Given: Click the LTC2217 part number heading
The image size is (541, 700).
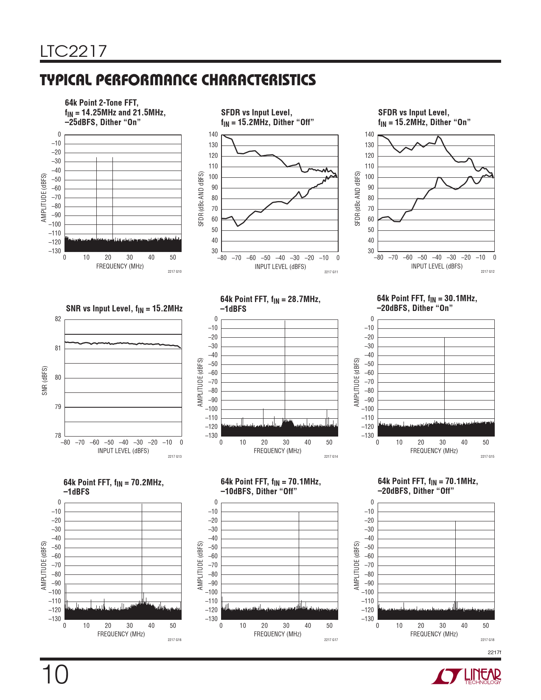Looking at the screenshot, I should point(73,52).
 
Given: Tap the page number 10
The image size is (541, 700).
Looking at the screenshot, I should point(55,675).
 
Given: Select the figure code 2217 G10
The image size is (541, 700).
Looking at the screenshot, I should point(174,272).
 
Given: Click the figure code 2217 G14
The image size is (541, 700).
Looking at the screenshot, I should point(331,456).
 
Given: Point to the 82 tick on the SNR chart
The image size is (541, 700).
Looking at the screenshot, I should point(58,319).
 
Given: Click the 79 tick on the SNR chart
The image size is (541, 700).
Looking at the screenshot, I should point(58,407).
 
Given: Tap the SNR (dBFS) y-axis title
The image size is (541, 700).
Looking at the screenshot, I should point(45,381).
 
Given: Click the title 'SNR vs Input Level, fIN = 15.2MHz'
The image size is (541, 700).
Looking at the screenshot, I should point(124,309).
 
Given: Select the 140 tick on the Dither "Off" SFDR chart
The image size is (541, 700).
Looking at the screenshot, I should point(213,134).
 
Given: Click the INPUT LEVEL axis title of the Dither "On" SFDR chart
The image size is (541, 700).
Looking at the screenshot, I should point(437,266).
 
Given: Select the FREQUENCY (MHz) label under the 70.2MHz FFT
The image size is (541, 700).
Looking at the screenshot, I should point(121,634).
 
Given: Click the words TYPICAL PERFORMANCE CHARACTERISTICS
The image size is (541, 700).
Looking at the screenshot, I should point(178,80).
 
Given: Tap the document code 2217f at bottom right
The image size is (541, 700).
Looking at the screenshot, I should point(494,652).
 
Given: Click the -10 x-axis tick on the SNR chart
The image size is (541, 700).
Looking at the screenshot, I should point(167,442).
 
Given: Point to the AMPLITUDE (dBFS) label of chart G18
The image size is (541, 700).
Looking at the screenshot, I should point(357,566).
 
